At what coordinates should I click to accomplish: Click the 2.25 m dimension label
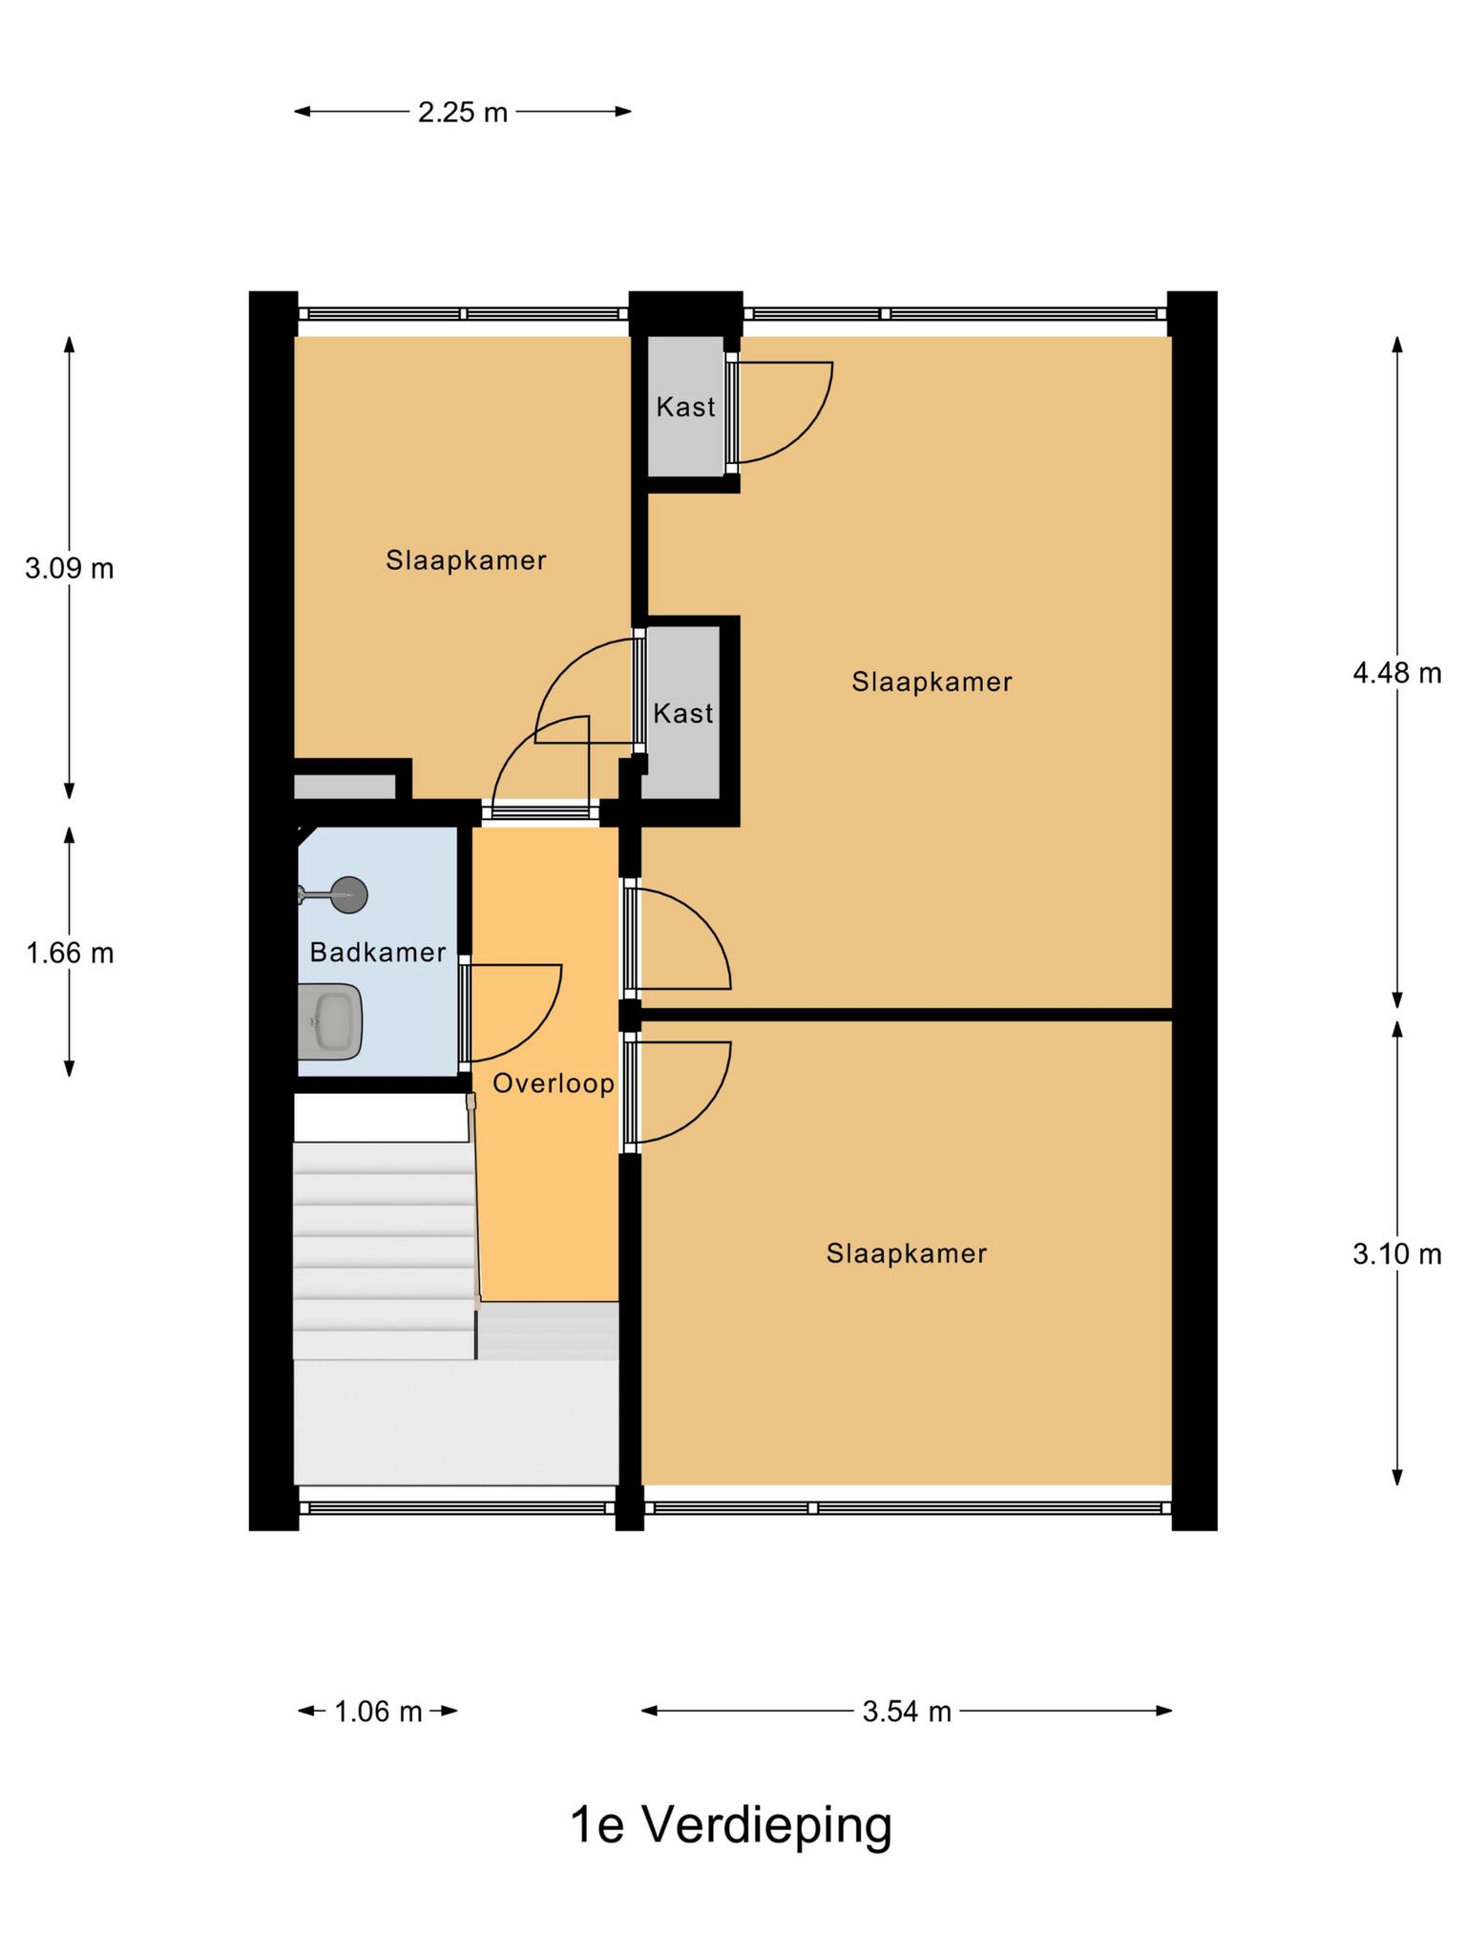463,113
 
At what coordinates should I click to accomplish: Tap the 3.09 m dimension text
70,569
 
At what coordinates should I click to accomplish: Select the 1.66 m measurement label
70,953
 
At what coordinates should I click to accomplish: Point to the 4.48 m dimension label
1396,674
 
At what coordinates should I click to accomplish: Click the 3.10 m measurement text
1396,1253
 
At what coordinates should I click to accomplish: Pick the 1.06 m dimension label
378,1712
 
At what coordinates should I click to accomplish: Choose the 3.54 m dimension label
907,1712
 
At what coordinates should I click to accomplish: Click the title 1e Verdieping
731,1824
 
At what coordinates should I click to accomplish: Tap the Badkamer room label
378,952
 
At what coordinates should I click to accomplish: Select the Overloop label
554,1083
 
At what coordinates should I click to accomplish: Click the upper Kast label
685,407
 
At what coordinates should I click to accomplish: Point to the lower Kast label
683,713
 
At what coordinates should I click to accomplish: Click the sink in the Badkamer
329,1021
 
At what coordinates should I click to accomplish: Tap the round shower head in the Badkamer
348,894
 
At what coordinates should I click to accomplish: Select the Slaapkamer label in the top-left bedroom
466,560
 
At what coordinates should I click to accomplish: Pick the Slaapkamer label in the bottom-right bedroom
907,1253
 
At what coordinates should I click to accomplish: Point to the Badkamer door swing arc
541,1031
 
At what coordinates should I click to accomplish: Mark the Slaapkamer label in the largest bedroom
932,682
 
